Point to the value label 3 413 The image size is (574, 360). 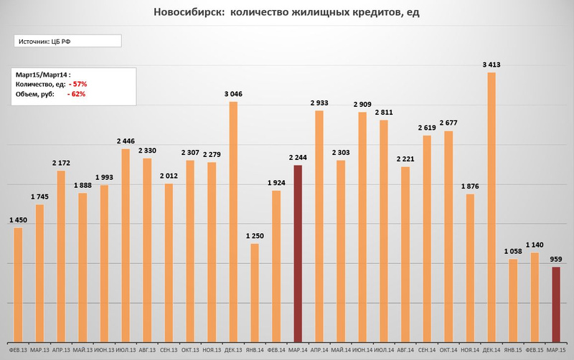tap(491, 65)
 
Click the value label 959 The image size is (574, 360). tap(557, 260)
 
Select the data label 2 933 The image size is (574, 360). tap(319, 103)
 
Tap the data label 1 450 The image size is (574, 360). tap(19, 220)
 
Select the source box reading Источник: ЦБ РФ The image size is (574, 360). tap(67, 42)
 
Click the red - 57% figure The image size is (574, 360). tap(77, 84)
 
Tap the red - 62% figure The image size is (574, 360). tap(77, 94)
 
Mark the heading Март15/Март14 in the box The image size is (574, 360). tap(40, 74)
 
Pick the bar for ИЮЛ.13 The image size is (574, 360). tap(126, 245)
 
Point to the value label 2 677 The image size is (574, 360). tap(448, 123)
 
